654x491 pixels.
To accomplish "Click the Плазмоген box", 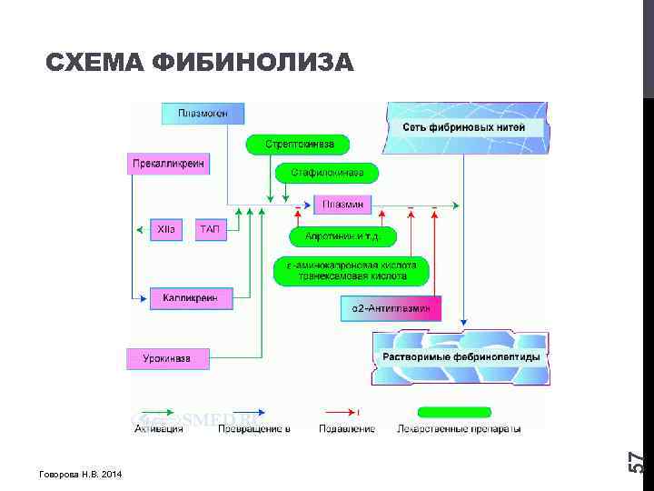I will pos(203,114).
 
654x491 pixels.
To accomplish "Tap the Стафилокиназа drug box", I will pos(327,173).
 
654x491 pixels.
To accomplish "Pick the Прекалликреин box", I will pos(168,165).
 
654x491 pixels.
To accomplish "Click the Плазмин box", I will pos(342,205).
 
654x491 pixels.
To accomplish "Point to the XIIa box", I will pos(166,230).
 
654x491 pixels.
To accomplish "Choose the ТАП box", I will pos(209,230).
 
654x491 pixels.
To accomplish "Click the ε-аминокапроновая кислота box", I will pos(352,270).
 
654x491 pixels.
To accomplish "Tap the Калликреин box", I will pos(191,298).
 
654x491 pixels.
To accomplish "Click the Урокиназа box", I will pos(167,358).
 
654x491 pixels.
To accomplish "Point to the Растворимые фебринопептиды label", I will pos(461,357).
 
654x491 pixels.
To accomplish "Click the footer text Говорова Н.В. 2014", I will pos(80,476).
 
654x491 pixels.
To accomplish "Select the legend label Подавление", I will pos(347,428).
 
